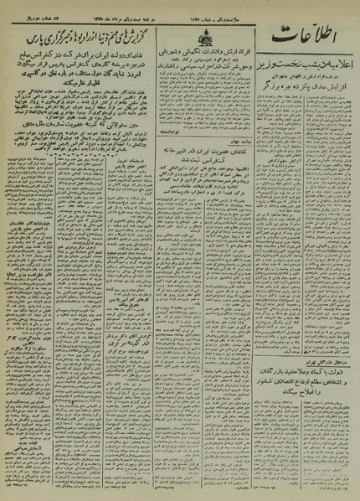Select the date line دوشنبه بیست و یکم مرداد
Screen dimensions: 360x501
[x=134, y=8]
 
